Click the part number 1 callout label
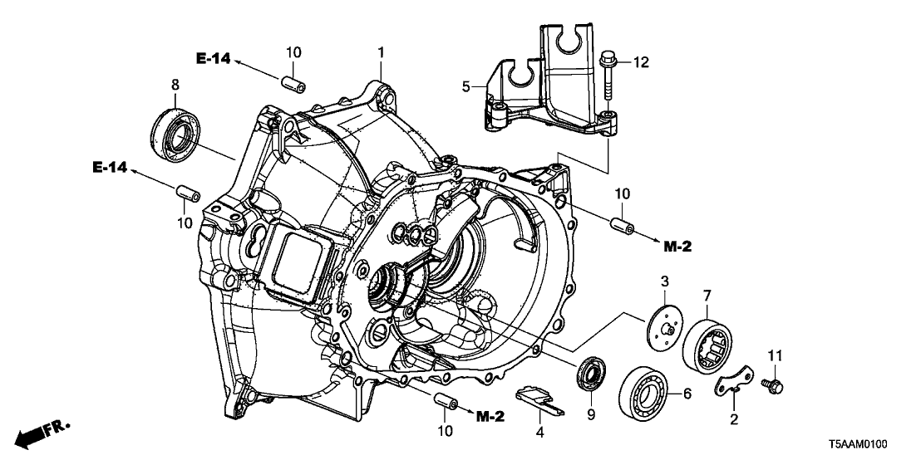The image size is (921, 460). coord(381,53)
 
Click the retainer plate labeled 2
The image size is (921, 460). coord(733,382)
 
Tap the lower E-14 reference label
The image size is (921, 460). coord(109,169)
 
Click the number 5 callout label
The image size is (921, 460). coord(466,85)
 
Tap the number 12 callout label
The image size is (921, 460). coord(639,61)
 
